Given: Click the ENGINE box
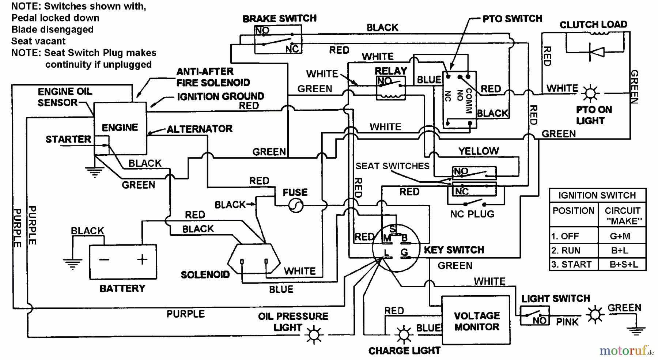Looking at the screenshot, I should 120,128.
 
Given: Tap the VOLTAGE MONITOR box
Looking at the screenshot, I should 476,321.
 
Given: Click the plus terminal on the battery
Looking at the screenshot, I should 142,259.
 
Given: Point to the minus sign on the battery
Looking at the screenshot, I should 104,260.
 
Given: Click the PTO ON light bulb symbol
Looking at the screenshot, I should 590,94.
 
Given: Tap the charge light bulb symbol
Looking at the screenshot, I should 404,334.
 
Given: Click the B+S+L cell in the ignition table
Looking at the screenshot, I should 624,264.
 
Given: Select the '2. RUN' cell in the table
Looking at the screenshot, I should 566,251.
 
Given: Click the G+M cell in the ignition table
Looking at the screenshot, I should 620,236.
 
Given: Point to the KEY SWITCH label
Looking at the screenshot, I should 454,250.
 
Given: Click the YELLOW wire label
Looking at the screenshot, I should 479,151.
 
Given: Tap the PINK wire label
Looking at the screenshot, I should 567,322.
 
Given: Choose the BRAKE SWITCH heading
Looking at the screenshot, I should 280,19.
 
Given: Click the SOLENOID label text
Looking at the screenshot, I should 205,275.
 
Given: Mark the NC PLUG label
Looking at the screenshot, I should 472,214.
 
